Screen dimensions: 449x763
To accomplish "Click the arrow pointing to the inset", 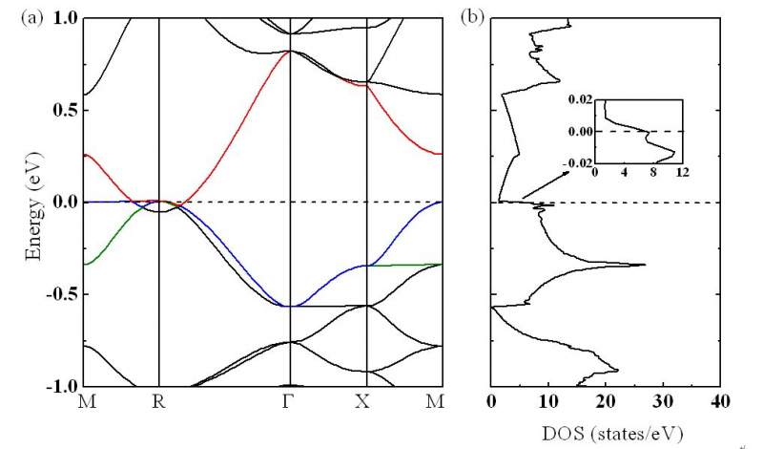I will (x=540, y=187).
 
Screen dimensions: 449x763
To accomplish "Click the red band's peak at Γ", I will (x=289, y=51).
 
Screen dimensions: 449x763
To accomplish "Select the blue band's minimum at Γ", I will (x=289, y=306).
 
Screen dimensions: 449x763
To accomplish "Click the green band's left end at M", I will (x=85, y=264).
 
